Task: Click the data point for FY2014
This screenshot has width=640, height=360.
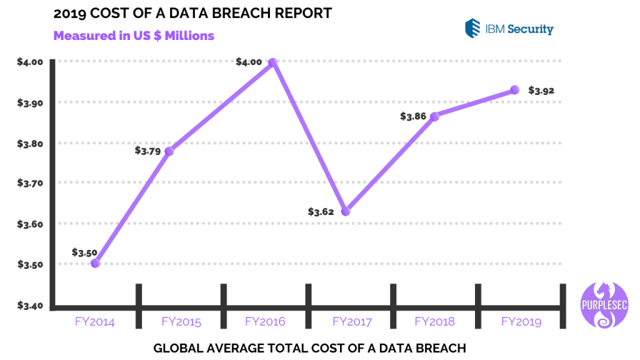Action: (x=95, y=263)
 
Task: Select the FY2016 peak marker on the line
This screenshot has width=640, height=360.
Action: (x=272, y=62)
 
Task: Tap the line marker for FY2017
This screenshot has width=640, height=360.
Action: (x=346, y=211)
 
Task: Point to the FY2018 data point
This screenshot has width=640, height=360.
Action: (x=435, y=116)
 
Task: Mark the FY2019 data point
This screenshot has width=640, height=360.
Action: (x=515, y=90)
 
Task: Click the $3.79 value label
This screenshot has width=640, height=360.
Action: (x=147, y=151)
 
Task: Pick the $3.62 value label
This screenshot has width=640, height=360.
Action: (x=321, y=212)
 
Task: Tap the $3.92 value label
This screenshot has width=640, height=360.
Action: (x=541, y=91)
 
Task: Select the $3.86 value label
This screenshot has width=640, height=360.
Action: (x=414, y=116)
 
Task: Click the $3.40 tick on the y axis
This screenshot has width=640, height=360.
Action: (x=29, y=306)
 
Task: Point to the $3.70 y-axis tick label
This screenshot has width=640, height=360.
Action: (x=29, y=184)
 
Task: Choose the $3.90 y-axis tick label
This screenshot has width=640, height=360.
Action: (x=29, y=102)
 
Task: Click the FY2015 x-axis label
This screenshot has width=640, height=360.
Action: (x=181, y=322)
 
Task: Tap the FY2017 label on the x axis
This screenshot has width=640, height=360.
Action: (x=352, y=322)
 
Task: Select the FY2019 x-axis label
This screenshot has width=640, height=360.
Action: (x=521, y=322)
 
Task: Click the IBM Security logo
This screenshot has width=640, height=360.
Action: (x=509, y=29)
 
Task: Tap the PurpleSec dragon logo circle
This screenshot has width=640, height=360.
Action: (x=602, y=304)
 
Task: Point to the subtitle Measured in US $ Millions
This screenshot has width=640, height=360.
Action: (x=134, y=36)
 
